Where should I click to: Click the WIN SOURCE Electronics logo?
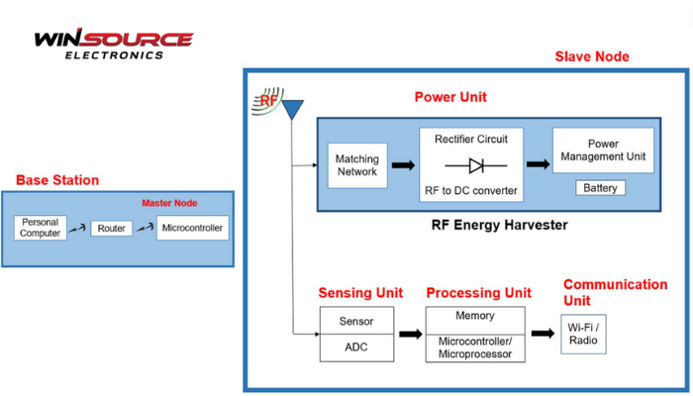point(113,44)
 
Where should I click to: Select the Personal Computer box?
point(41,228)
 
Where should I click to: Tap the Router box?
point(112,229)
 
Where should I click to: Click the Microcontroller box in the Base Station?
point(192,229)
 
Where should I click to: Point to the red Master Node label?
point(169,203)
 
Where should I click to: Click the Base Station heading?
point(57,180)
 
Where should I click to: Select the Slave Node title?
point(591,56)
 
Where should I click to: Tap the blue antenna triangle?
point(292,108)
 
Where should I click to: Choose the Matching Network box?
point(357,165)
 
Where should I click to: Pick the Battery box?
point(600,188)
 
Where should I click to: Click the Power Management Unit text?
point(603,150)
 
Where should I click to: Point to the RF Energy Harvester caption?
point(500,225)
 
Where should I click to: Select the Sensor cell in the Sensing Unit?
point(356,321)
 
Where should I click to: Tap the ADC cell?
point(356,346)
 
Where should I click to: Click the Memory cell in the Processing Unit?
point(475,317)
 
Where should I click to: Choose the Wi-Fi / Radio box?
point(583,335)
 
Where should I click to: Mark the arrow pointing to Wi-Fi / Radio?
point(543,334)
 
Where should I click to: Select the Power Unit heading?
point(450,97)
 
